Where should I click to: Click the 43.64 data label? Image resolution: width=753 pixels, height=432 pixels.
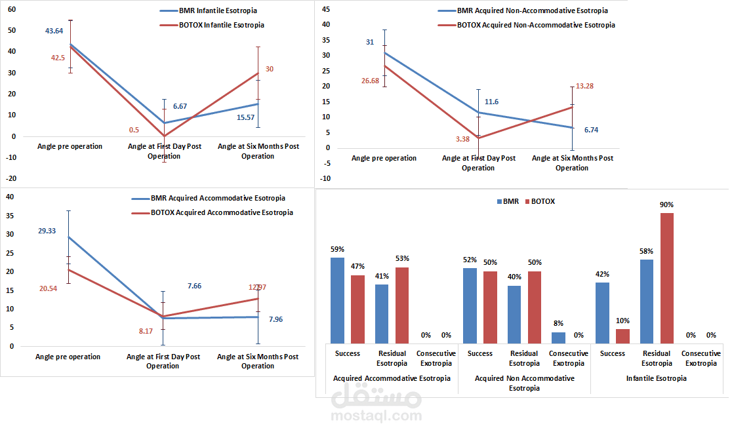click(54, 31)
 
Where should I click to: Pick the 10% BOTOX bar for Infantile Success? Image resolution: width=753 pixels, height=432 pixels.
click(622, 336)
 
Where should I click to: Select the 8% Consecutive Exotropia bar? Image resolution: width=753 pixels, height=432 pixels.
click(558, 338)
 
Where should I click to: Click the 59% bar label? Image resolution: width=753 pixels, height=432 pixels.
click(338, 249)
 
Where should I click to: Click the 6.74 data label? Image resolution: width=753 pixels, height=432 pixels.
click(591, 130)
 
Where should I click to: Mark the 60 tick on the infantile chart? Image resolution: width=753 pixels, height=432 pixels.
click(12, 9)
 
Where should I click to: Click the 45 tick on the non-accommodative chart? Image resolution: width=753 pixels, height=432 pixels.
click(325, 9)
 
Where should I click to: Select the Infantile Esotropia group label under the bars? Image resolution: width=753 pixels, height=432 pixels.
click(656, 378)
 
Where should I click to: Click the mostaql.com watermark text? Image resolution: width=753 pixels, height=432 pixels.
click(376, 416)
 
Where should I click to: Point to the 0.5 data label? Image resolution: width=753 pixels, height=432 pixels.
click(134, 130)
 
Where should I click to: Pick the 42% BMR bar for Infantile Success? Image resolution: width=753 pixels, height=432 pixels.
click(602, 313)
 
